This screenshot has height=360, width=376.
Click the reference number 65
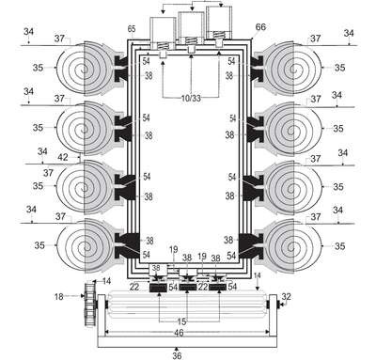(x=132, y=29)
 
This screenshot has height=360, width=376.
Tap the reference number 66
(x=260, y=27)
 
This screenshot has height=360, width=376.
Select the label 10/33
(x=191, y=99)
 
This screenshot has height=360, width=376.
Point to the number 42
(x=63, y=157)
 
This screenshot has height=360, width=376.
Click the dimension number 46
(x=179, y=333)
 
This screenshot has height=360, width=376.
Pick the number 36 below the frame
(x=177, y=355)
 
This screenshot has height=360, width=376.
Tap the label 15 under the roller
(x=181, y=321)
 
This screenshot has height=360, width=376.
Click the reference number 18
(x=59, y=296)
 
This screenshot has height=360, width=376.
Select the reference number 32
(x=286, y=296)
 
